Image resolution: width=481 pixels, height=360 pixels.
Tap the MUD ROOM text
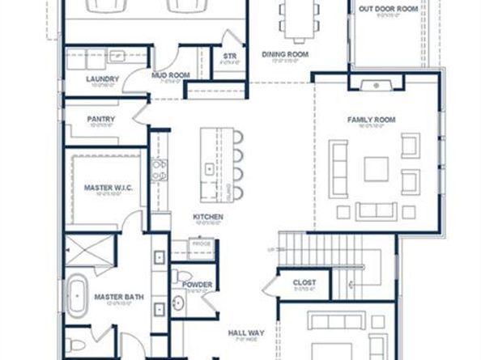(x=170, y=75)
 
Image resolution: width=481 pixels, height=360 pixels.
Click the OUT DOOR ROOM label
(x=389, y=9)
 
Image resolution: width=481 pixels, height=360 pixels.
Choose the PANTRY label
(x=101, y=120)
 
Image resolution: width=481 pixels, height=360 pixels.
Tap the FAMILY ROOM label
(x=371, y=120)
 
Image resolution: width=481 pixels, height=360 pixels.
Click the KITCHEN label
(x=207, y=217)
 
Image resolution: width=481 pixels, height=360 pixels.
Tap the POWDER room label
(x=198, y=285)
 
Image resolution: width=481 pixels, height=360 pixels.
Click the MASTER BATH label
(x=118, y=297)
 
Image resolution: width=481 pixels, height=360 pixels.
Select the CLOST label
(x=304, y=282)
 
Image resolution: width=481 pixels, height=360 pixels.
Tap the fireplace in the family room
(x=375, y=83)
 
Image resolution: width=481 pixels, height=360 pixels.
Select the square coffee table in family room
(x=376, y=168)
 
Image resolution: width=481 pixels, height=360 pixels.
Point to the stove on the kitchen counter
(x=160, y=170)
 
